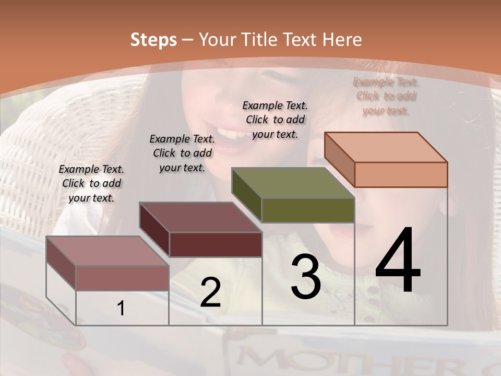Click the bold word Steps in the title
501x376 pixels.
coord(153,40)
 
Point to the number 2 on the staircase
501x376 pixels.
coord(210,293)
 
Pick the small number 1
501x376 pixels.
coord(121,309)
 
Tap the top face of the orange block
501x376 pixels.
coord(386,147)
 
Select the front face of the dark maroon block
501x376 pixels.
coord(216,244)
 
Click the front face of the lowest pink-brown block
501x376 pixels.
coord(122,278)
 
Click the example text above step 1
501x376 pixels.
coord(91,184)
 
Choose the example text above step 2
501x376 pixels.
coord(182,154)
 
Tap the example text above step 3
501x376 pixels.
coord(275,120)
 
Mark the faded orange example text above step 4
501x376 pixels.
coord(386,96)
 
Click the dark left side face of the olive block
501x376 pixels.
coord(246,194)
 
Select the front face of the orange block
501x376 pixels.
coord(401,174)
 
